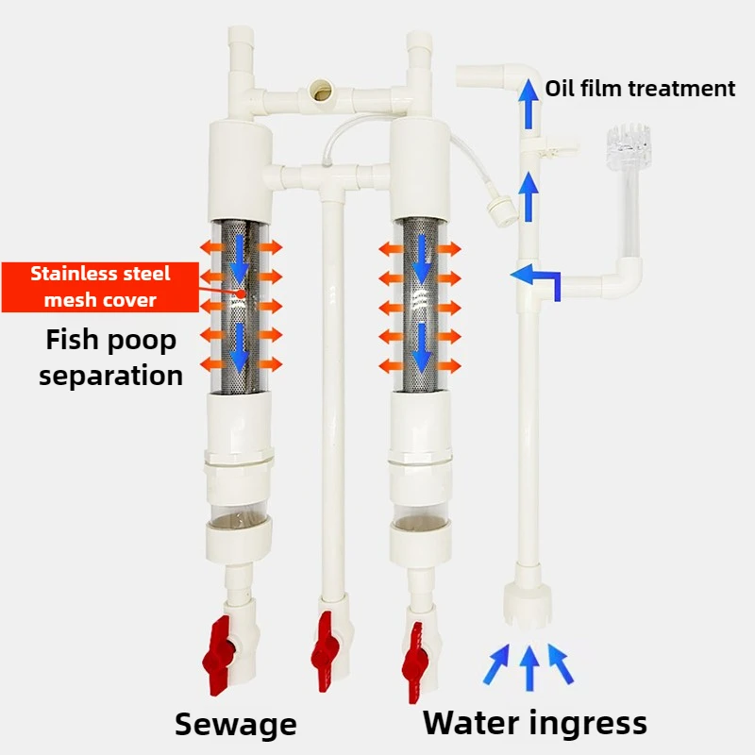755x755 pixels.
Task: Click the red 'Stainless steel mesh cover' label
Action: point(100,287)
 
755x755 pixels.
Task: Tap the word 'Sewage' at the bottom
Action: point(235,725)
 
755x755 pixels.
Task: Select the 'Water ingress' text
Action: point(534,723)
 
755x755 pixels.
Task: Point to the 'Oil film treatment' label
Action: point(640,89)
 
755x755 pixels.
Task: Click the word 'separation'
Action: point(110,375)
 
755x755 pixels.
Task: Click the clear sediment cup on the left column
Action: point(239,517)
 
